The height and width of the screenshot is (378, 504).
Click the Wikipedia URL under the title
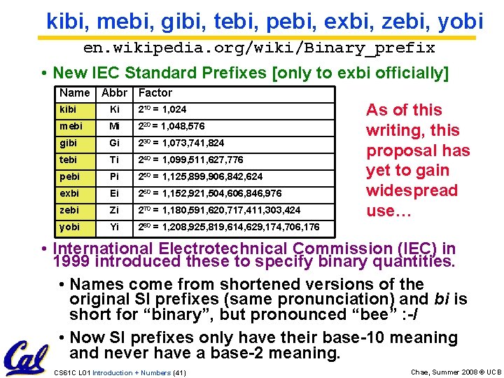[259, 48]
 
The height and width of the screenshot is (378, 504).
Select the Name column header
[75, 92]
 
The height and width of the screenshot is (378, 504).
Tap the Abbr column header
[115, 92]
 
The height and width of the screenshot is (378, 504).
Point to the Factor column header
[155, 92]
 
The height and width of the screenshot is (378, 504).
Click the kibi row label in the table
[69, 109]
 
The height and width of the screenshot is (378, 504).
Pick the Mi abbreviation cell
[115, 126]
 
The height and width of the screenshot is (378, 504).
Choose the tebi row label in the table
[69, 160]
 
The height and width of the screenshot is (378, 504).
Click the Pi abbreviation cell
[115, 176]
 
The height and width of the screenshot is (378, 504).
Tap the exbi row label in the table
[69, 193]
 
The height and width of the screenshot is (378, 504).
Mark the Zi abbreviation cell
[115, 210]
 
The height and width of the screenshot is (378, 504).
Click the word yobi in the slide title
[458, 22]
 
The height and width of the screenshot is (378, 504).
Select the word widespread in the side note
[412, 190]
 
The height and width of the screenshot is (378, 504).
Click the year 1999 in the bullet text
[71, 262]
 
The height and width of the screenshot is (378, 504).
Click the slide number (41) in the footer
[178, 372]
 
